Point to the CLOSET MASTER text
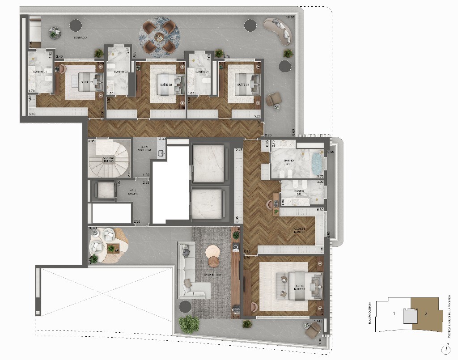[300, 230]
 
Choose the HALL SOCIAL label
[132, 192]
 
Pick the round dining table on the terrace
[159, 37]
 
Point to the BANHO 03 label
[40, 72]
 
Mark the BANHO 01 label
[202, 72]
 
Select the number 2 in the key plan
[426, 313]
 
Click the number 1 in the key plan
[394, 313]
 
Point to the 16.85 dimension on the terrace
[290, 17]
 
